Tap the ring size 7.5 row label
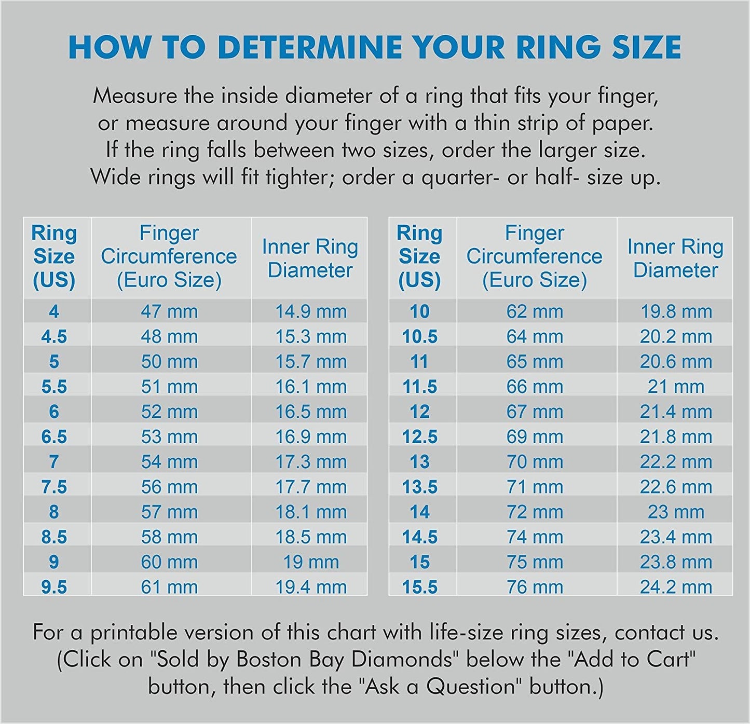(54, 487)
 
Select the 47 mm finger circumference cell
(169, 311)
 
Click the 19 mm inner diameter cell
(310, 562)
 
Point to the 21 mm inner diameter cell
(675, 387)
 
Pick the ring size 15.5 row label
(419, 587)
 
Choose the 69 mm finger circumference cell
(535, 436)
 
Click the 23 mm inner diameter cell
(675, 512)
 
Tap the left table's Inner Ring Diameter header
(310, 258)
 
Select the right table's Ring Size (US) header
(419, 256)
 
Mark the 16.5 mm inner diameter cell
(310, 412)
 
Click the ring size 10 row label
(419, 311)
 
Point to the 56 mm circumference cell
(169, 487)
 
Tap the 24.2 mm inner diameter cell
(675, 587)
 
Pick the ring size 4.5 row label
(54, 336)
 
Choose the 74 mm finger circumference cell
(535, 537)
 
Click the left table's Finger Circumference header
(169, 256)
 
